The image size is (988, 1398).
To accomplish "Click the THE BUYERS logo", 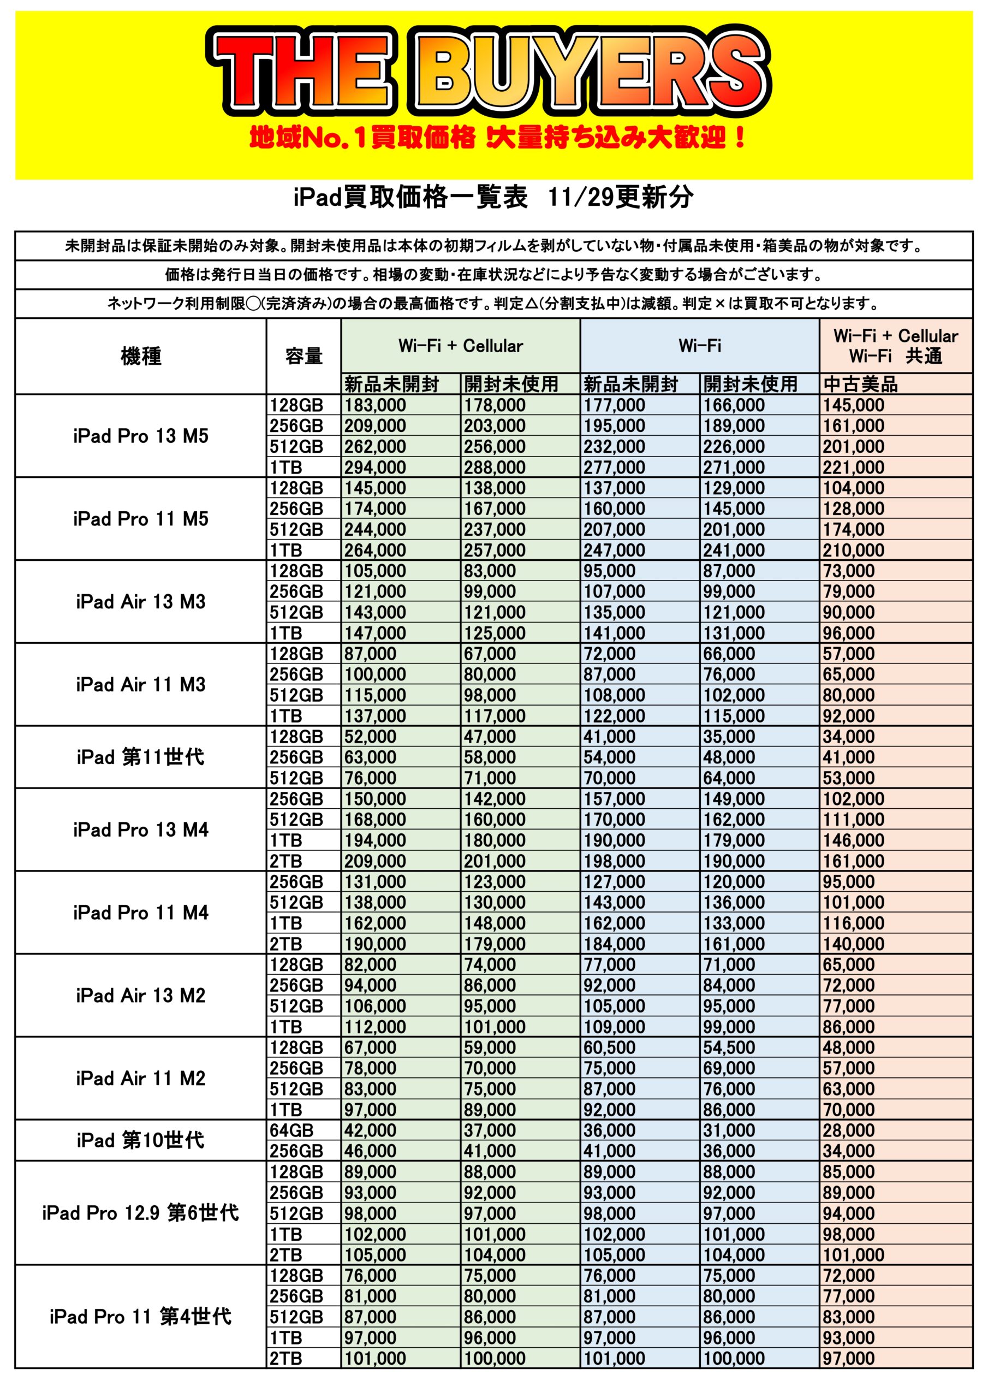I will (x=490, y=72).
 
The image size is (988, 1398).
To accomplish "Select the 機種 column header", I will (x=141, y=356).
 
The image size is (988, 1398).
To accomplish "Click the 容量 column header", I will (x=303, y=356).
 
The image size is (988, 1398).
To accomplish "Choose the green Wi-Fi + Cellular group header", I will (x=460, y=346).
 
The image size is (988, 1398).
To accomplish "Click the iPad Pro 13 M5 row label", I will (x=141, y=436).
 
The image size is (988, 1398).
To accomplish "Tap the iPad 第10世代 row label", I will (x=141, y=1140).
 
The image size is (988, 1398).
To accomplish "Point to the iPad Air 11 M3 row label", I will (x=141, y=684).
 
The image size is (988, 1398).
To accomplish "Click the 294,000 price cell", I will (x=375, y=467).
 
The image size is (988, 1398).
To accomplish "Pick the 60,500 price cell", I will (x=609, y=1047).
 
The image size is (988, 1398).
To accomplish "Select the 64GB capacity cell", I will (x=292, y=1130).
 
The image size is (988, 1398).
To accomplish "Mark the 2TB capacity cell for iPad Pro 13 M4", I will (x=286, y=861).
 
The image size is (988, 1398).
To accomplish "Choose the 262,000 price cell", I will (x=375, y=447).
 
